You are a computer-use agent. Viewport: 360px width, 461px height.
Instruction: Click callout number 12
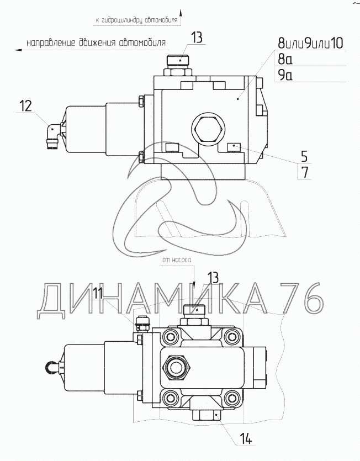click(x=25, y=106)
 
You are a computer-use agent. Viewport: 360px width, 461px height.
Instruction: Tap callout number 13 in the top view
click(x=197, y=38)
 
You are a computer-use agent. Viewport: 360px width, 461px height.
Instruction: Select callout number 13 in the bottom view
click(x=214, y=278)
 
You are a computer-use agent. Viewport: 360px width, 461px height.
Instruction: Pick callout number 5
click(x=304, y=156)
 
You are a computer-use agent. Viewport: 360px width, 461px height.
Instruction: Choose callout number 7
click(x=305, y=172)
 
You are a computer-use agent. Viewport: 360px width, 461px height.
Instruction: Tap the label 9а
click(x=285, y=75)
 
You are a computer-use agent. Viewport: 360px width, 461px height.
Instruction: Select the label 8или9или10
click(x=311, y=43)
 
